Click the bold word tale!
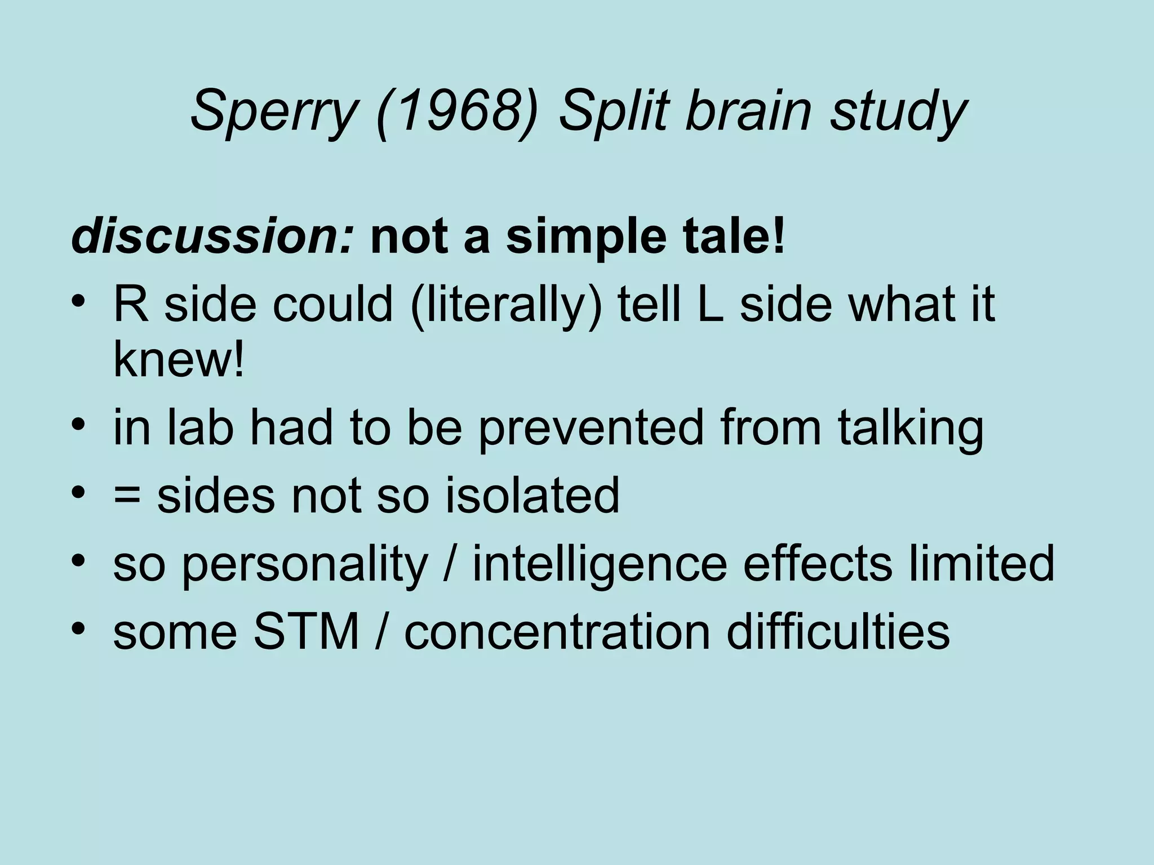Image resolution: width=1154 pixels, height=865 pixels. click(x=733, y=237)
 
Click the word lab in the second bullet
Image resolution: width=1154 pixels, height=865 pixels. click(x=200, y=427)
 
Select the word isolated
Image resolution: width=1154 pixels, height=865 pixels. click(x=532, y=495)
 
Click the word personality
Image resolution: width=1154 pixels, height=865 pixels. click(x=304, y=565)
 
